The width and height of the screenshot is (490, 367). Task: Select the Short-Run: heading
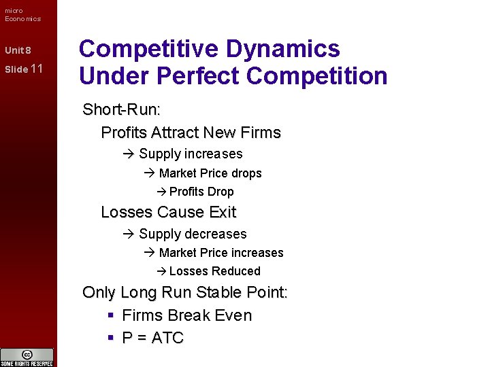tap(121, 109)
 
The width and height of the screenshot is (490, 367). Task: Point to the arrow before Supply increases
tap(129, 154)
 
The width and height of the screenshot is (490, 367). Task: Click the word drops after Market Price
tap(246, 173)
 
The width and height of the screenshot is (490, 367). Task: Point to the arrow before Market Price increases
tap(150, 253)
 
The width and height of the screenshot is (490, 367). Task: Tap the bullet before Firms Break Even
tap(110, 315)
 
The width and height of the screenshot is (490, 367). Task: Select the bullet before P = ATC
tap(110, 338)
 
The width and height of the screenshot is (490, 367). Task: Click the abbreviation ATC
tap(167, 338)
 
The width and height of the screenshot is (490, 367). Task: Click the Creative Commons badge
tap(27, 357)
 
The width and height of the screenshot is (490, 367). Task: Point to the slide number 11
tap(37, 69)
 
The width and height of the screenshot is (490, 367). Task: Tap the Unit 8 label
tap(18, 51)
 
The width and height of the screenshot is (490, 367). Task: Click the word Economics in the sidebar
tap(22, 18)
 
